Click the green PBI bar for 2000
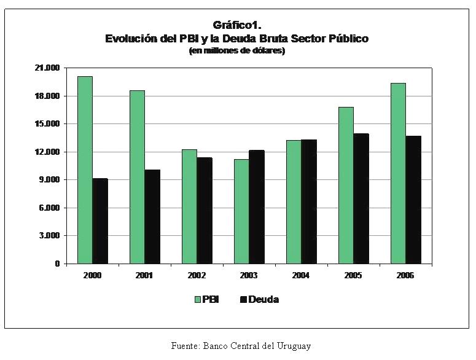click(85, 170)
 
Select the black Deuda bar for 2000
click(100, 221)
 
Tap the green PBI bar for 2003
click(241, 211)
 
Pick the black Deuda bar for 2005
click(361, 198)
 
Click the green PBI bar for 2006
click(398, 173)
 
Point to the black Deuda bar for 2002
click(205, 211)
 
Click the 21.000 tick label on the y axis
click(47, 68)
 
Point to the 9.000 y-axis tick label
click(49, 180)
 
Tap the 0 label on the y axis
click(57, 264)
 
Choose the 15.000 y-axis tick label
click(47, 124)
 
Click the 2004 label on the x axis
click(301, 276)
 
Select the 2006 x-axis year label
click(405, 276)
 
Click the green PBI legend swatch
click(198, 300)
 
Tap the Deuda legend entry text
click(263, 300)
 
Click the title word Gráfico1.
click(236, 25)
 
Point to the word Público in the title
click(346, 39)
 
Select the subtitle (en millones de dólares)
click(236, 51)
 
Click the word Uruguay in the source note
click(292, 346)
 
